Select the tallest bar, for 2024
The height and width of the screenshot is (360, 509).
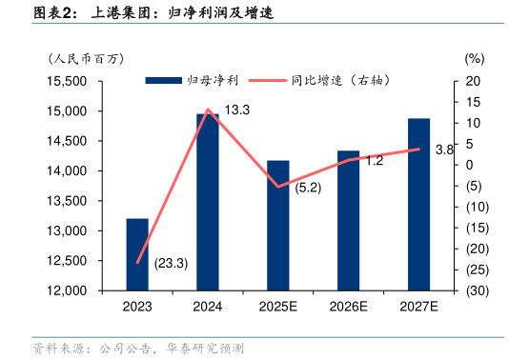point(208,201)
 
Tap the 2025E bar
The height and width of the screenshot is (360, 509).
point(278,225)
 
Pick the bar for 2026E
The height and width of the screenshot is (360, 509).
point(349,220)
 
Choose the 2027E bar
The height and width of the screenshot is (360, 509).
point(419,204)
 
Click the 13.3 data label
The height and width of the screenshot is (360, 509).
point(236,110)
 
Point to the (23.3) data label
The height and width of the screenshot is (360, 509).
point(171,263)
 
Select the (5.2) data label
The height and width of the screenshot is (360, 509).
point(308,188)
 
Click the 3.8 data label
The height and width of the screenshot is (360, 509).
point(443,150)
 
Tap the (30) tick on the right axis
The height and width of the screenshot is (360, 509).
point(478,290)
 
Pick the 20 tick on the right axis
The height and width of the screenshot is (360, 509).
point(474,82)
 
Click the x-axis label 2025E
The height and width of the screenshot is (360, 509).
point(278,307)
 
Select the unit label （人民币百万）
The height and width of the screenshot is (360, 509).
point(88,58)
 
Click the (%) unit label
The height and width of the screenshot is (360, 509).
point(475,58)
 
